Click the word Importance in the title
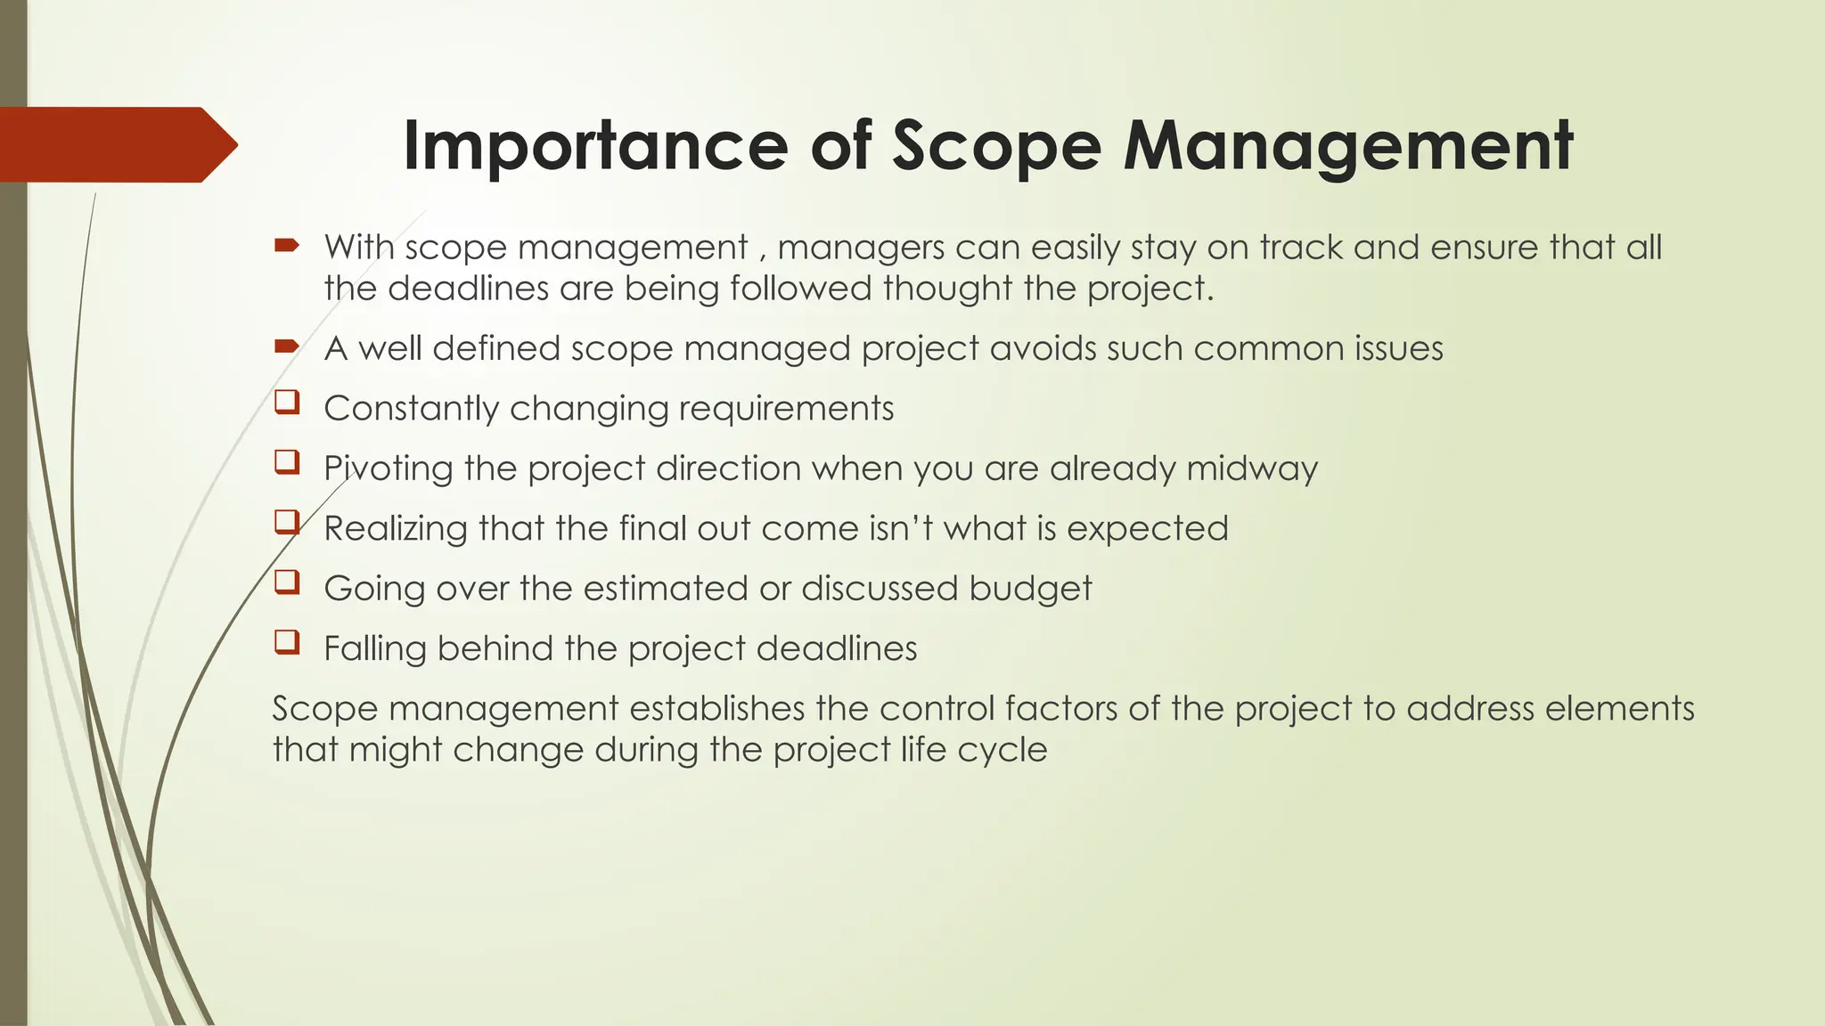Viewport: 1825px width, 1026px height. coord(594,145)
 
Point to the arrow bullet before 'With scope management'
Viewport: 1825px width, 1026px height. coord(286,245)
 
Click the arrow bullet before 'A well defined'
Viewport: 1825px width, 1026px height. coord(286,346)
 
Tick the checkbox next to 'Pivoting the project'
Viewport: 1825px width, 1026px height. coord(286,462)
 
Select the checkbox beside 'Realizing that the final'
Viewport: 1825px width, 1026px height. coord(286,522)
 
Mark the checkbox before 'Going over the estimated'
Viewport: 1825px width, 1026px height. coord(286,582)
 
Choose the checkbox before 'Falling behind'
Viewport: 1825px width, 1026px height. coord(286,642)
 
